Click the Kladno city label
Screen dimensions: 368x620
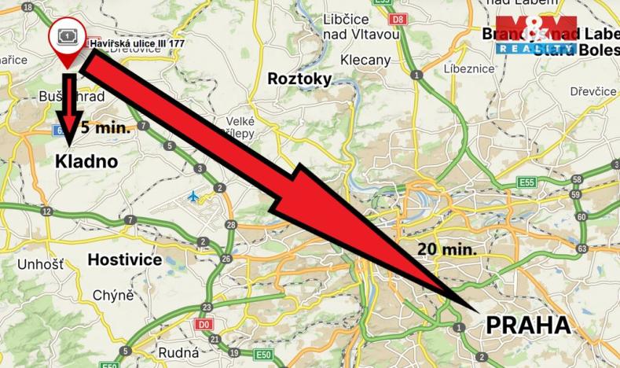(x=86, y=162)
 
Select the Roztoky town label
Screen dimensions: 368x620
(x=299, y=79)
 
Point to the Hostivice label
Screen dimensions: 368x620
(x=124, y=259)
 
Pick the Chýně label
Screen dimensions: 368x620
(x=113, y=296)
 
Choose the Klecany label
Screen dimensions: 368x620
(x=365, y=60)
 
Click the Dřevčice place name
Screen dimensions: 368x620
(x=593, y=92)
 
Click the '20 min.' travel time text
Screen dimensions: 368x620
(x=447, y=249)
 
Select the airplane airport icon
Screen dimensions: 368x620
(x=194, y=196)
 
